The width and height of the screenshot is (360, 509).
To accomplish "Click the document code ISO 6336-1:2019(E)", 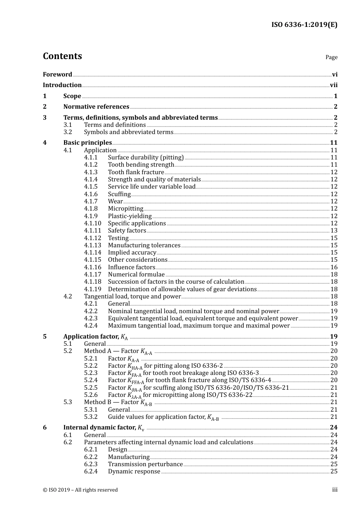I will (x=304, y=25).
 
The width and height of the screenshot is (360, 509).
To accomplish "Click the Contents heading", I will (x=62, y=56).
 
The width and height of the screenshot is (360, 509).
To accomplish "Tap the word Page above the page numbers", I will (x=331, y=57).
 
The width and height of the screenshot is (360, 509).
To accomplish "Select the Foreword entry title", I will (x=57, y=75).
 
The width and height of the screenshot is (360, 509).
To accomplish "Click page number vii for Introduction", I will (x=333, y=85).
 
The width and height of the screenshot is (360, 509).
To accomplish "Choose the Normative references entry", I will (x=96, y=107).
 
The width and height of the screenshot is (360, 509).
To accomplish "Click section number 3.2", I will (x=68, y=132).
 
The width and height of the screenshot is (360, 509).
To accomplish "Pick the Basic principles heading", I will (x=88, y=143).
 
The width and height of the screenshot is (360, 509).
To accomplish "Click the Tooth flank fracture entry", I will (x=136, y=172).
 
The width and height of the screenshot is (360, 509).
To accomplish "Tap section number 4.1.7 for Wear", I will (x=91, y=201).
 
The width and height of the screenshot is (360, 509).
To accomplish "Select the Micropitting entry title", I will (x=125, y=209).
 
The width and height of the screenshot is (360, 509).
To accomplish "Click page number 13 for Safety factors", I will (x=334, y=231).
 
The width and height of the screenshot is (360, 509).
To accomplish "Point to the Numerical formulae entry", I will (x=136, y=275).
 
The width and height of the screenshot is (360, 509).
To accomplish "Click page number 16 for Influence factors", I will (x=334, y=267).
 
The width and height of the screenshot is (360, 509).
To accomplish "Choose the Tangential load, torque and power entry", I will (x=132, y=297).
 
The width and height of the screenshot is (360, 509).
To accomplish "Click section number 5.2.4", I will (x=91, y=380).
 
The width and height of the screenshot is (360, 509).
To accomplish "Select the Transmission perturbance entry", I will (x=145, y=464).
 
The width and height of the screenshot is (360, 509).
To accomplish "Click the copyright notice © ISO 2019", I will (x=80, y=490).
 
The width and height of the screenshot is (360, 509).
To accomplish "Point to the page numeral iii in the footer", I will (x=335, y=490).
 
